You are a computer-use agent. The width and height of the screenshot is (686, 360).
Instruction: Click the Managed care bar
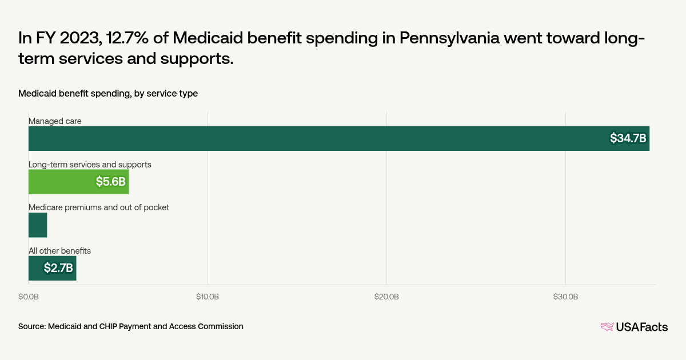338,138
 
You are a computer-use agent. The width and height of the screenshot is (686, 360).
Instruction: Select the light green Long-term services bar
78,182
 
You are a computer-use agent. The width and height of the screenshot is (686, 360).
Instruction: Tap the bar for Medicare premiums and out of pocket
38,225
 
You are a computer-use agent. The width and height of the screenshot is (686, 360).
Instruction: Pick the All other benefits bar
52,268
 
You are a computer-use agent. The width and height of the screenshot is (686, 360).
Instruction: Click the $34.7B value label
628,138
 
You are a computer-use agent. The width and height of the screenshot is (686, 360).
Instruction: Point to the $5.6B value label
111,182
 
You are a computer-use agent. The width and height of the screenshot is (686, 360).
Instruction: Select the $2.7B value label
58,268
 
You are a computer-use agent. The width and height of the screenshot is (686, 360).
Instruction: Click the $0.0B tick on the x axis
29,297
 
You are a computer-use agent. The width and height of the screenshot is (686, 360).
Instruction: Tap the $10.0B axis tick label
208,297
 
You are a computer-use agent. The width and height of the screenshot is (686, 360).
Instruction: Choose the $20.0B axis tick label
386,297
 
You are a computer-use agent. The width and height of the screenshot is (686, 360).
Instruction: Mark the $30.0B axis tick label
565,297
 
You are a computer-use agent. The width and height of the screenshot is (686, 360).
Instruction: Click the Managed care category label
55,121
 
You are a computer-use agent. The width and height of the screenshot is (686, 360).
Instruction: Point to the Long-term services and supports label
90,165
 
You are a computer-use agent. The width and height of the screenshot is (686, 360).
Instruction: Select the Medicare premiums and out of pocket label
99,207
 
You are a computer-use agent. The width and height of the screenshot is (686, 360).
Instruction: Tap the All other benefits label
60,251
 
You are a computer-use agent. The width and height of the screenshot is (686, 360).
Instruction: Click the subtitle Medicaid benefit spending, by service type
108,93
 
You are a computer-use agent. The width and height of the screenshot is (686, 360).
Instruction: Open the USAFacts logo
634,327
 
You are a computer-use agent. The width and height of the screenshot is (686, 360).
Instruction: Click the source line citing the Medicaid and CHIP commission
131,326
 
